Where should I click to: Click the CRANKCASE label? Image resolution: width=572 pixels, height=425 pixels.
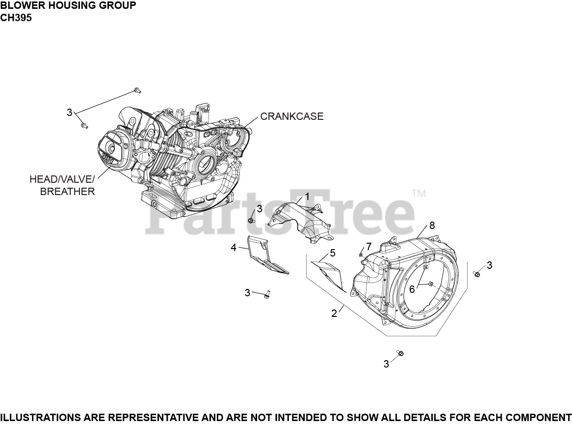291,116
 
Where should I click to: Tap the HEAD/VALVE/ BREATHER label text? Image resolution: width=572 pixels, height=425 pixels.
62,185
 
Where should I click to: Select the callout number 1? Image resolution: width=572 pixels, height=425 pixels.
307,197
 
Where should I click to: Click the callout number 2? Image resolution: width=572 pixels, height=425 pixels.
334,313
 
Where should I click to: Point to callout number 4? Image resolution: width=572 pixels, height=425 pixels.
234,247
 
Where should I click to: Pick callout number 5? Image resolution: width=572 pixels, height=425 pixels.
333,253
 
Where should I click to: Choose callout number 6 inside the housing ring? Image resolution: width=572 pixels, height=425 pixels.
412,289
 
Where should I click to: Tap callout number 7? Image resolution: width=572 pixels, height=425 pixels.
368,246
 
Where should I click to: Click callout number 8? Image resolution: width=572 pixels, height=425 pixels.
432,226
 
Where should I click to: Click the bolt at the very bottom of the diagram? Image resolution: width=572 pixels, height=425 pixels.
400,353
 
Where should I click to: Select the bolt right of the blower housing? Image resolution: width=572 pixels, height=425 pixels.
476,274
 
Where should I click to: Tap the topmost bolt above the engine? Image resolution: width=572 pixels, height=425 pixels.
137,90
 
